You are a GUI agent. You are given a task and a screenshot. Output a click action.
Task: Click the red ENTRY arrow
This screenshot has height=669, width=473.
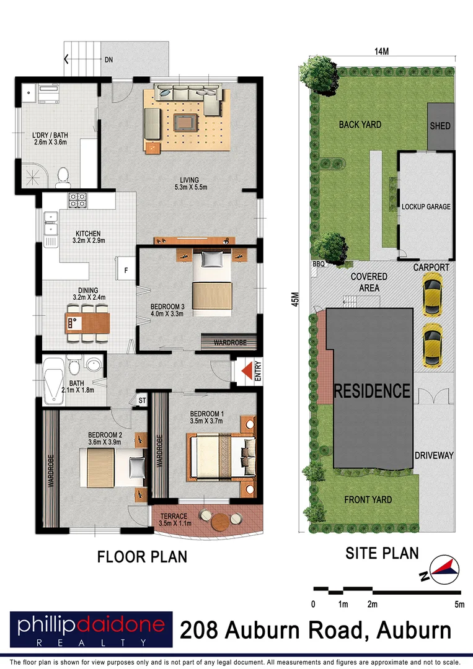(x=247, y=371)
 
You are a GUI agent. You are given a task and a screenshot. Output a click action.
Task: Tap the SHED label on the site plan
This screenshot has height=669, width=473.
(x=440, y=126)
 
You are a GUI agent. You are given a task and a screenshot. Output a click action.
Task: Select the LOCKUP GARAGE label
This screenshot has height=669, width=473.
(x=426, y=207)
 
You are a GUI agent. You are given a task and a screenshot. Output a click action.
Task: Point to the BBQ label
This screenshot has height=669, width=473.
(x=319, y=265)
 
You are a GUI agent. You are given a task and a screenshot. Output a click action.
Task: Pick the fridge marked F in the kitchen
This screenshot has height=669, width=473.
(x=125, y=269)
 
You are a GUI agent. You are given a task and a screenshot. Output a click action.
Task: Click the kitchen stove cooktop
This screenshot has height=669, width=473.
(x=77, y=201)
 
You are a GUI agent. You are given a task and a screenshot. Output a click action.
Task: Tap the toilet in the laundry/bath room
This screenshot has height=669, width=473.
(x=63, y=177)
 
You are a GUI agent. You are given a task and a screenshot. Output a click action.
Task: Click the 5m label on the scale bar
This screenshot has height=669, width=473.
(x=459, y=604)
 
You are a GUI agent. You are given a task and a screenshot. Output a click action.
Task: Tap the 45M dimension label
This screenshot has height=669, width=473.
(x=296, y=299)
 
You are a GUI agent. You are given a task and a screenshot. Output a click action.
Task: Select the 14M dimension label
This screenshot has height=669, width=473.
(x=381, y=51)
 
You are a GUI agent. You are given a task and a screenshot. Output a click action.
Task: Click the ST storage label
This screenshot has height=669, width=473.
(x=142, y=400)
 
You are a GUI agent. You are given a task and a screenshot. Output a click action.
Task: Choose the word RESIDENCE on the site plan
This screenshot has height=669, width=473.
(x=372, y=391)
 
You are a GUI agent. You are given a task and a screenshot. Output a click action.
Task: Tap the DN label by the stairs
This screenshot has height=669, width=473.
(x=109, y=60)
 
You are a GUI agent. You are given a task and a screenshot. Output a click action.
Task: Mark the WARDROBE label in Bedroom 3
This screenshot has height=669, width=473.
(x=226, y=341)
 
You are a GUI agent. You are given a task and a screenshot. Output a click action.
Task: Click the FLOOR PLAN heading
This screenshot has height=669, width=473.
(x=142, y=557)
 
